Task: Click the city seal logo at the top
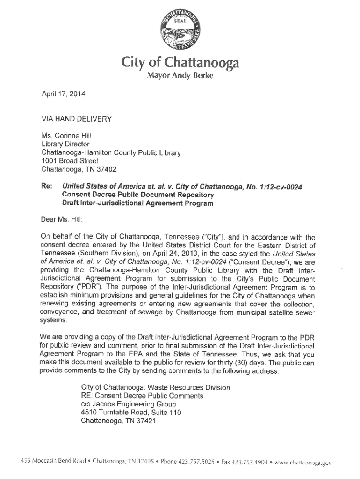point(180,29)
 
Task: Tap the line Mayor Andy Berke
point(180,76)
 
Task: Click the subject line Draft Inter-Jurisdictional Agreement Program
point(138,203)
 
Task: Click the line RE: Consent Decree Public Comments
point(142,396)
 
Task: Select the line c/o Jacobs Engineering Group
point(129,404)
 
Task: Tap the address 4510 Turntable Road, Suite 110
point(131,413)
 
